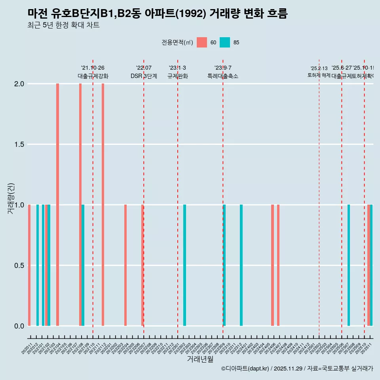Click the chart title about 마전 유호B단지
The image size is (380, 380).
point(158,13)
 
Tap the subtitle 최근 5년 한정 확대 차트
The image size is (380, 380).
point(63,25)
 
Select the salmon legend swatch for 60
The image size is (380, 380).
point(202,42)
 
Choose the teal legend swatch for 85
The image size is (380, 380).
point(225,42)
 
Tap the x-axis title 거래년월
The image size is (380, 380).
point(200,359)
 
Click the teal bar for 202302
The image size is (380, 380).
point(184,265)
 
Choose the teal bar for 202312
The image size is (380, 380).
point(241,265)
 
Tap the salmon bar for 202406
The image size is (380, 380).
point(272,265)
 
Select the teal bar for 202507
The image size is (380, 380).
point(349,265)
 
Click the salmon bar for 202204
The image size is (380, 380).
point(125,265)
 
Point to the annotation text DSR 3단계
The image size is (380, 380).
point(144,76)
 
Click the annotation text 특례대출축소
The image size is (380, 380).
point(223,76)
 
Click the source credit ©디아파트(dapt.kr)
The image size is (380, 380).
point(245,369)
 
